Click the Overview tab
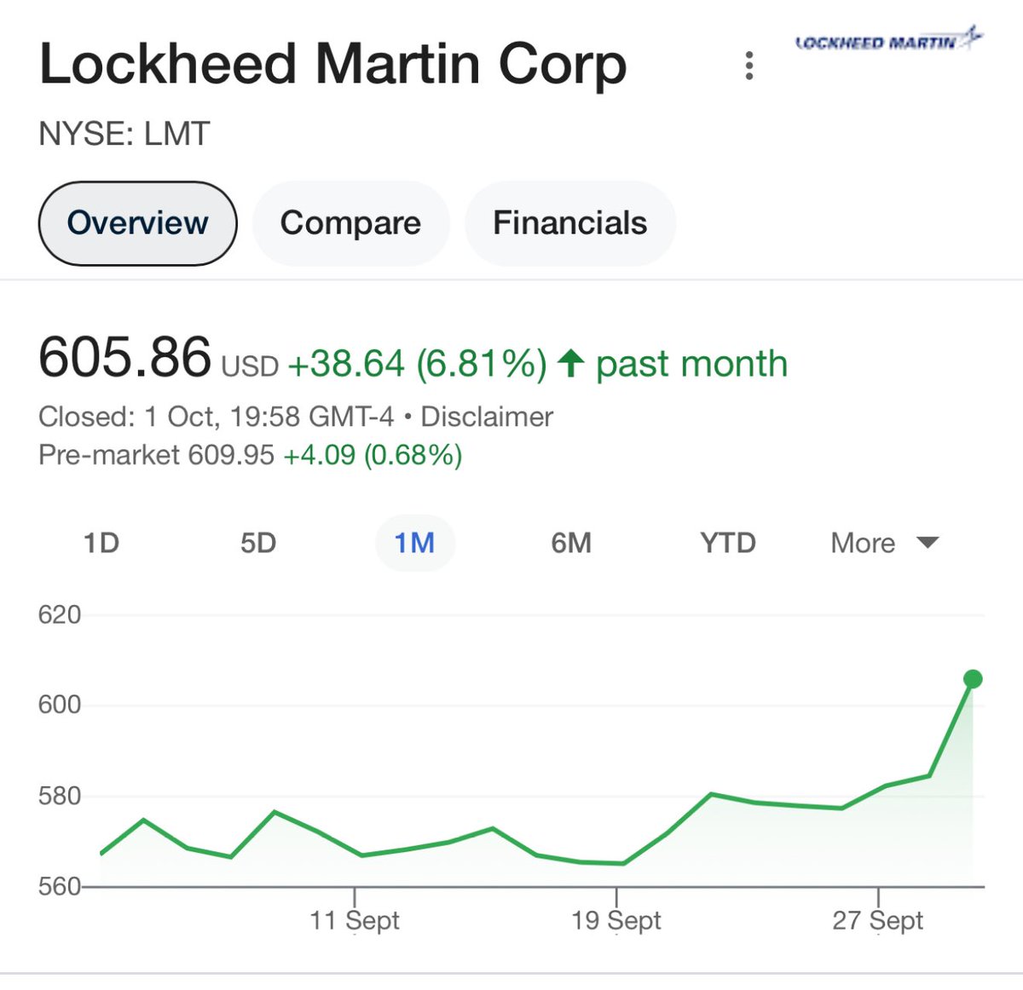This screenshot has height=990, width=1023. tap(137, 223)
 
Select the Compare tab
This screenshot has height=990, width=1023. tap(350, 223)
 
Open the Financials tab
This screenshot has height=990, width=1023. tap(569, 223)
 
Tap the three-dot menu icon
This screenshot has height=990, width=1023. tap(749, 66)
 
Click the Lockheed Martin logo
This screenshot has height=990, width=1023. tap(887, 41)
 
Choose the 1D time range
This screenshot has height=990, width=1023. tap(101, 543)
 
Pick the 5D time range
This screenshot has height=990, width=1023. tap(258, 543)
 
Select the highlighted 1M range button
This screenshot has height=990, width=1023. tap(415, 543)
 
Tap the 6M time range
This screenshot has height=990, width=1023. tap(571, 543)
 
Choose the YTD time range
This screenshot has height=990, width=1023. tap(728, 543)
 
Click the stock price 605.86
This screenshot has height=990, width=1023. tap(124, 357)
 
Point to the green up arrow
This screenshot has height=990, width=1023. tap(570, 364)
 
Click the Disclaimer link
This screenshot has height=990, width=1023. tap(487, 417)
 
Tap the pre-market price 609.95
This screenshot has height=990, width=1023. tap(231, 455)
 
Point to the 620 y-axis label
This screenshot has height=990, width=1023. tap(60, 615)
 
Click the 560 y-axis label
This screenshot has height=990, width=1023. tap(60, 887)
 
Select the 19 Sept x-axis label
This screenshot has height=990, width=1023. tap(616, 920)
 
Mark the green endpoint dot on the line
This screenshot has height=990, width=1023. tap(973, 679)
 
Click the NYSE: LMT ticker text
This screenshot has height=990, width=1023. tap(124, 134)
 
